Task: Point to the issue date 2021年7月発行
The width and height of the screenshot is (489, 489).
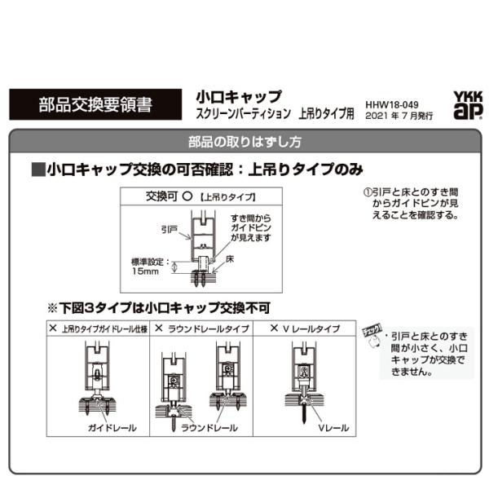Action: click(x=399, y=117)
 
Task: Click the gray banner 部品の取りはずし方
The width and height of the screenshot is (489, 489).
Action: click(x=244, y=141)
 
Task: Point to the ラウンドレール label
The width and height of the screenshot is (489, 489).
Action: click(x=209, y=428)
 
